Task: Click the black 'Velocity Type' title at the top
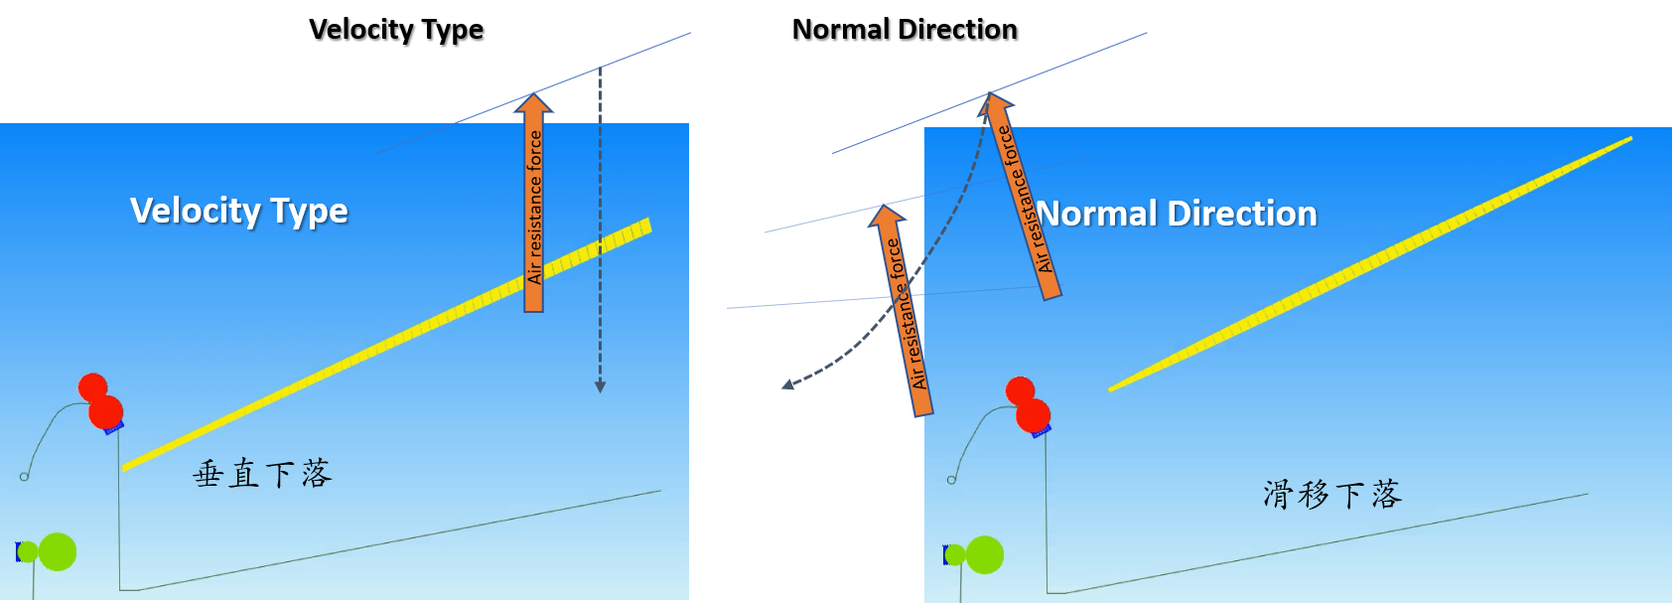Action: pyautogui.click(x=396, y=30)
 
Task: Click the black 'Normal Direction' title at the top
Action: pyautogui.click(x=905, y=30)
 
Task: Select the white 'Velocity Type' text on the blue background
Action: pyautogui.click(x=239, y=211)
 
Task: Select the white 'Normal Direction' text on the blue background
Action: pyautogui.click(x=1178, y=214)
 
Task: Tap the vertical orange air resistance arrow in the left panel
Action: pyautogui.click(x=534, y=209)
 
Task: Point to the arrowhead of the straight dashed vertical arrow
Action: pyautogui.click(x=600, y=386)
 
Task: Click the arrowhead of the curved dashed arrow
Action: pyautogui.click(x=787, y=384)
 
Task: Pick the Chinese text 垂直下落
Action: pyautogui.click(x=262, y=474)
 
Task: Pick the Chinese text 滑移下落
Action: pyautogui.click(x=1332, y=494)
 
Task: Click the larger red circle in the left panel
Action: pyautogui.click(x=105, y=411)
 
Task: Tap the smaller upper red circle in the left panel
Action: pyautogui.click(x=92, y=386)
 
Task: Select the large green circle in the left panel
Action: pyautogui.click(x=58, y=552)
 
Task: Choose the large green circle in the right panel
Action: pyautogui.click(x=985, y=554)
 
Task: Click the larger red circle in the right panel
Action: pyautogui.click(x=1033, y=415)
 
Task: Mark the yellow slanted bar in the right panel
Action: pyautogui.click(x=1370, y=263)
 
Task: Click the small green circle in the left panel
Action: pyautogui.click(x=28, y=552)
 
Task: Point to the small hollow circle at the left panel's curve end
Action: pyautogui.click(x=24, y=477)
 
